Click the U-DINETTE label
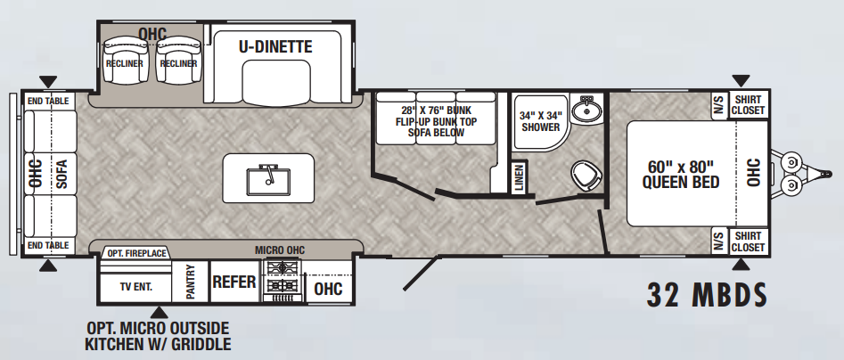click(x=275, y=47)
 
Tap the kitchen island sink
click(x=268, y=180)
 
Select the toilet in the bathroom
click(x=586, y=176)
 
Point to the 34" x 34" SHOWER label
click(x=540, y=121)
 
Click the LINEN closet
click(x=519, y=177)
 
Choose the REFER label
click(x=234, y=282)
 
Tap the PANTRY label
click(x=190, y=282)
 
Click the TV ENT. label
click(x=135, y=286)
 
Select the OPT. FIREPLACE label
click(x=136, y=253)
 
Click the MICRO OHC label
click(x=279, y=250)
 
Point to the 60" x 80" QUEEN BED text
click(x=681, y=174)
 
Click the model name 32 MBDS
click(x=707, y=294)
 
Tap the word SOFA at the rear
click(x=61, y=174)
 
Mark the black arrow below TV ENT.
click(x=159, y=312)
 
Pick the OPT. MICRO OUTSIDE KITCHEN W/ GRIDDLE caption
click(x=158, y=336)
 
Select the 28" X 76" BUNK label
click(x=436, y=110)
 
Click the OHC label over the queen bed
click(x=754, y=172)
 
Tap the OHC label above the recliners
click(x=152, y=33)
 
